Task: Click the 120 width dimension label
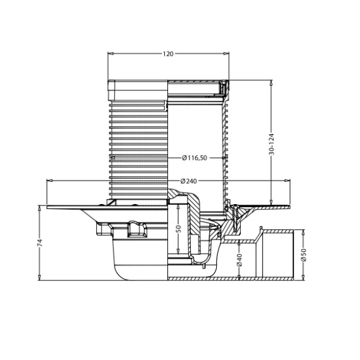pos(168,54)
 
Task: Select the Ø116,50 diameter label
pos(195,158)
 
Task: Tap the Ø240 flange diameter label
pos(189,181)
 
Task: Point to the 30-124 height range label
pos(272,144)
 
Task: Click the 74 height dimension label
pos(40,243)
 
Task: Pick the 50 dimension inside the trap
pos(178,229)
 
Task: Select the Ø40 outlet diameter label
pos(239,260)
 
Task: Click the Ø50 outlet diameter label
pos(304,255)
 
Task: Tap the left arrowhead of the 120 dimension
pos(110,54)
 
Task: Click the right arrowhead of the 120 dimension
pos(226,54)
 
